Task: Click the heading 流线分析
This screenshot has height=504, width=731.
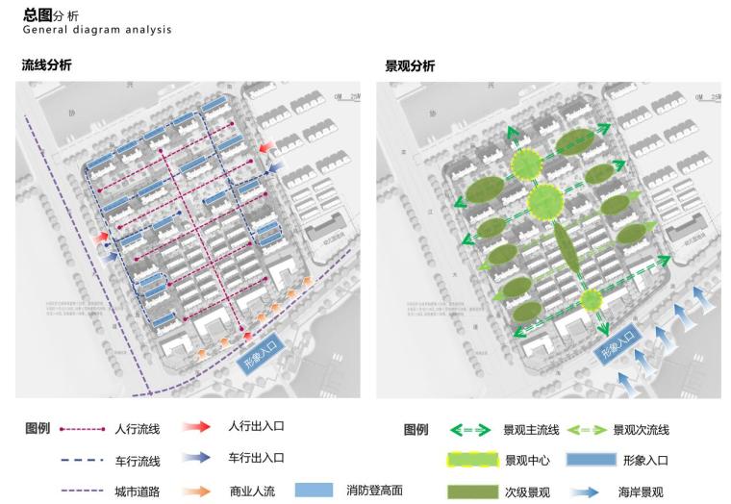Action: click(46, 65)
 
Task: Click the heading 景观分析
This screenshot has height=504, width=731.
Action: click(410, 65)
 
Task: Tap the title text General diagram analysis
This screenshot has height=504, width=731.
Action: click(97, 30)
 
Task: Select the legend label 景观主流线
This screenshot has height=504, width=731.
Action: click(525, 429)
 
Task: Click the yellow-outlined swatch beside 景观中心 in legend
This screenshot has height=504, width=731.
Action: click(471, 461)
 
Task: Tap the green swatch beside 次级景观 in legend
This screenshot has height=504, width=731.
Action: click(471, 491)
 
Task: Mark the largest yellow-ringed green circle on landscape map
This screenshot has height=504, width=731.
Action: click(545, 201)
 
